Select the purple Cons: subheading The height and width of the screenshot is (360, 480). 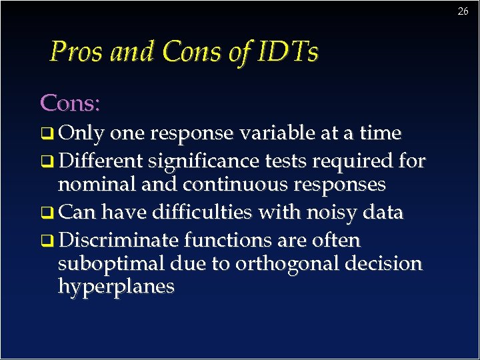[70, 103]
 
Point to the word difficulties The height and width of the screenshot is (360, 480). [202, 212]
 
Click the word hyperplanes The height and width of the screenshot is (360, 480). [116, 287]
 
